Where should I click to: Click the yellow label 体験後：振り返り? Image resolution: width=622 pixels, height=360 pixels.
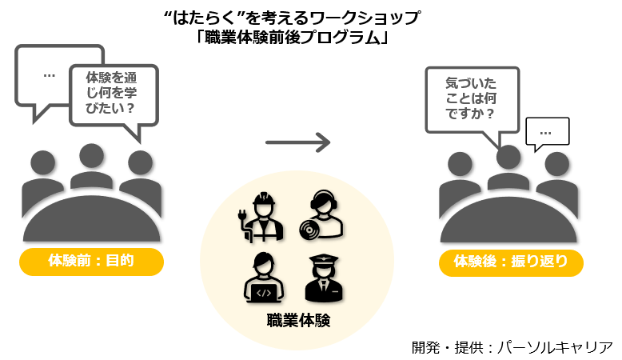[x=511, y=261]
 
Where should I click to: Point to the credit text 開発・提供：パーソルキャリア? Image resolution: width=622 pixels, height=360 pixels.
[x=512, y=346]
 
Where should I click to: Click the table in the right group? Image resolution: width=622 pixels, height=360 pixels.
[x=511, y=220]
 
